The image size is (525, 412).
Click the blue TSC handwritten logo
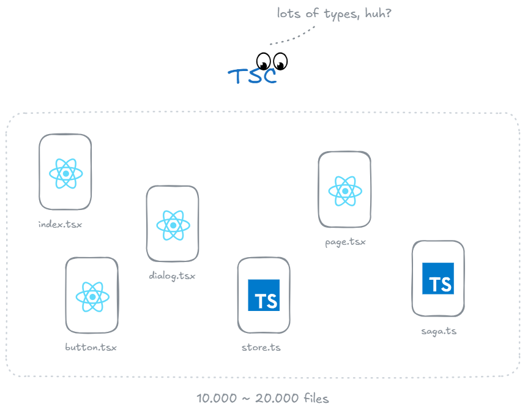tap(252, 77)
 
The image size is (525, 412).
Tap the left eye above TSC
tap(264, 61)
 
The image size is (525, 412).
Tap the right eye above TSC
tap(280, 61)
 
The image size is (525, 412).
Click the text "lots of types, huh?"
tap(334, 13)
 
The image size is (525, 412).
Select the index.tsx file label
tap(60, 224)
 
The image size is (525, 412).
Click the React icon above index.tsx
tap(65, 173)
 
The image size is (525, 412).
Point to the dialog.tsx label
tap(172, 275)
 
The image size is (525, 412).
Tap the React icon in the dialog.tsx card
tap(173, 225)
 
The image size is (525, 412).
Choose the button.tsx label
tap(91, 347)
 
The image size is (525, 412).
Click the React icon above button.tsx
tap(92, 297)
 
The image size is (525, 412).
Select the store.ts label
tap(261, 347)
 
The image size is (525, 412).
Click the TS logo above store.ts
tap(264, 295)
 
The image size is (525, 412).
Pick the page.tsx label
tap(345, 242)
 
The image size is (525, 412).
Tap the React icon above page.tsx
tap(345, 191)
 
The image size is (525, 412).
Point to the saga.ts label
tap(439, 331)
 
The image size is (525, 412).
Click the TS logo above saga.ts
tap(438, 279)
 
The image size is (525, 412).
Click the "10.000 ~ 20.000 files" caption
tap(262, 399)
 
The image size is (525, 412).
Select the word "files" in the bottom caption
tap(316, 399)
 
